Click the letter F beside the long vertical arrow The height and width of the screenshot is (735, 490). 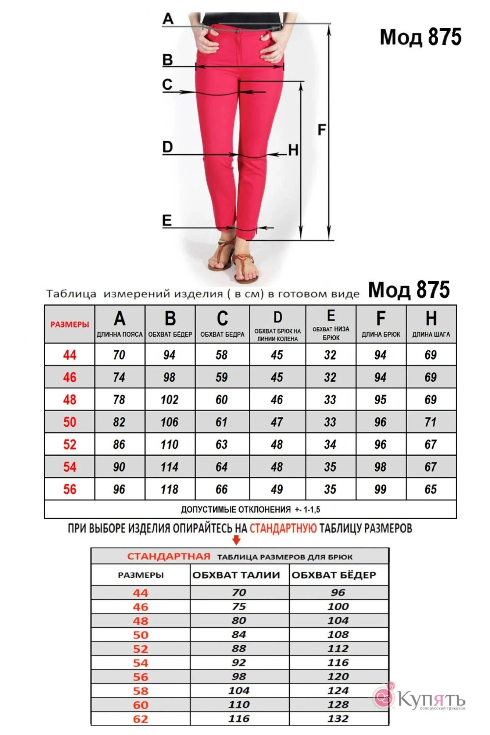[x=322, y=130]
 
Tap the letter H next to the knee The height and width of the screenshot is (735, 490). [x=293, y=150]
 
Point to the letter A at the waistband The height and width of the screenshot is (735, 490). [x=168, y=18]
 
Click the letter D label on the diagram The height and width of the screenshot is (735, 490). [x=168, y=147]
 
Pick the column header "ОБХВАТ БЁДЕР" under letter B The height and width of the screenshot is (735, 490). [x=170, y=334]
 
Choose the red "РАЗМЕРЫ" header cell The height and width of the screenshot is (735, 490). [x=69, y=325]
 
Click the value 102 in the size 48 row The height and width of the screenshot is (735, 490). [x=169, y=399]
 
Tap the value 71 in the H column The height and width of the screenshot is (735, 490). [x=430, y=422]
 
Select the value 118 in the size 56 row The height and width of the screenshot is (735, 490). [x=169, y=489]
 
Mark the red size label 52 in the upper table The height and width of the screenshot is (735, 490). [x=69, y=445]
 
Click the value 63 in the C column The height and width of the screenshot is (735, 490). [x=222, y=445]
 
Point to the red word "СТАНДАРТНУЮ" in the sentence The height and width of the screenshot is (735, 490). [x=283, y=528]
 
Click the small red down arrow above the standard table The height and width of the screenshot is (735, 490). [x=237, y=540]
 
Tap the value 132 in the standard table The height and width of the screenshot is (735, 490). [x=338, y=718]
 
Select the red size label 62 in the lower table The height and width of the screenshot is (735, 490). [x=140, y=719]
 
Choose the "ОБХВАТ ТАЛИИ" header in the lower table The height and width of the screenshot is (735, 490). [x=236, y=575]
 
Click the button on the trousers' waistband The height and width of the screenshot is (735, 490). [x=238, y=32]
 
